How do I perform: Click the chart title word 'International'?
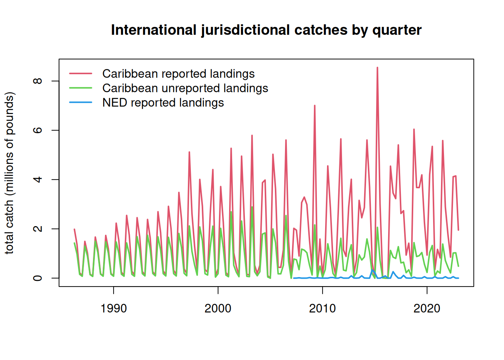(x=153, y=30)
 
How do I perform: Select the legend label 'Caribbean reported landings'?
(x=178, y=74)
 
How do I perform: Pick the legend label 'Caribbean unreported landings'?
(x=185, y=88)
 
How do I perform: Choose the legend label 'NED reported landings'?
(x=163, y=103)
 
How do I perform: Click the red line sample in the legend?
(x=81, y=74)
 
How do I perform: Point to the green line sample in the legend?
(x=81, y=88)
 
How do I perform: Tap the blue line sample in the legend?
(x=81, y=102)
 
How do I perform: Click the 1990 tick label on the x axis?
(x=114, y=308)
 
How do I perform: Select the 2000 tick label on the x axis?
(x=218, y=308)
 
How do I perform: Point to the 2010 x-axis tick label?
(x=322, y=308)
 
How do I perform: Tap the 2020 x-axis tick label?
(x=427, y=308)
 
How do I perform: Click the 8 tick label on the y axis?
(x=38, y=81)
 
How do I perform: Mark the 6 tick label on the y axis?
(x=38, y=130)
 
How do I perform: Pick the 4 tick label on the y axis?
(x=38, y=180)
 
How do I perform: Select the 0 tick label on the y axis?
(x=38, y=278)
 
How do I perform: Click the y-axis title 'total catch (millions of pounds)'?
(x=10, y=173)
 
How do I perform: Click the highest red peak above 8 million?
(x=377, y=68)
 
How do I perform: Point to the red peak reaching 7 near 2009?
(x=315, y=106)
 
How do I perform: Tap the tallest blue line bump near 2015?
(x=372, y=270)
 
